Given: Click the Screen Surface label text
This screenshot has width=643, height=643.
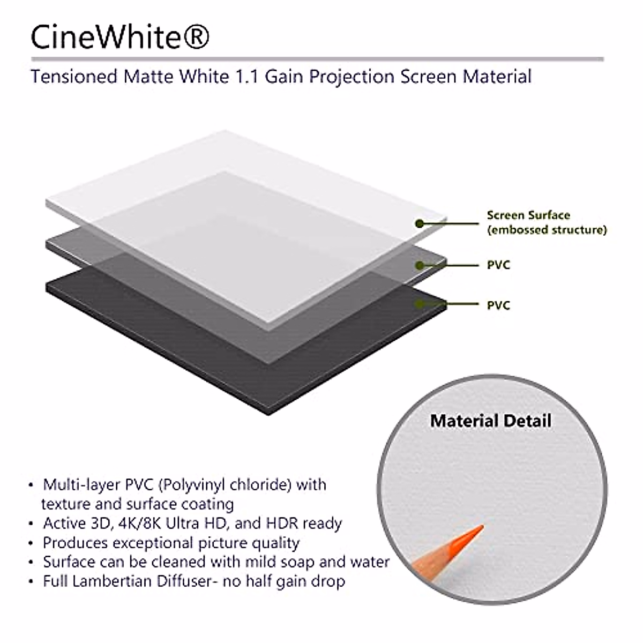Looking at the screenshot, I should point(528,215).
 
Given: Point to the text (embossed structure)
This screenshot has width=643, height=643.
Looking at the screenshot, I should point(547,230).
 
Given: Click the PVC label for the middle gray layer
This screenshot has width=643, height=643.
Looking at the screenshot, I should point(498,265).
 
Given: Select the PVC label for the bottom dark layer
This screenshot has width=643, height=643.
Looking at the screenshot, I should point(498,305).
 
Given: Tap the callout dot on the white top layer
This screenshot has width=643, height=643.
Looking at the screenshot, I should point(420,223).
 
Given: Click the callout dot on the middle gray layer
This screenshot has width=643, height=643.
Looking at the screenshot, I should point(420,265).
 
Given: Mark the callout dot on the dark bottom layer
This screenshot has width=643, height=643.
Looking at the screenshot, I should point(420,304).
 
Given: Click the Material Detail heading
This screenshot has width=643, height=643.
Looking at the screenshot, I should point(490,421).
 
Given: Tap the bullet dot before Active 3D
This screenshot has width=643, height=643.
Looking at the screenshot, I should point(31,524).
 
